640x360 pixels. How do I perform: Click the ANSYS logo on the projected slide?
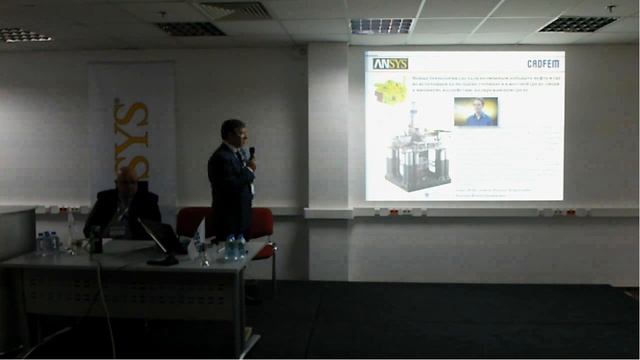(390, 63)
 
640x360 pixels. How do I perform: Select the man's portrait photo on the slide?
(475, 111)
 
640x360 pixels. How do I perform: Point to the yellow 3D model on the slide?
(389, 92)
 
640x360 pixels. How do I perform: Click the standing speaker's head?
(234, 132)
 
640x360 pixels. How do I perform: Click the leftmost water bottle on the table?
(42, 243)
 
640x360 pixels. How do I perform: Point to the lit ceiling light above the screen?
(381, 25)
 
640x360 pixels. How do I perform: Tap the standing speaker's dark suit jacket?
(230, 190)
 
